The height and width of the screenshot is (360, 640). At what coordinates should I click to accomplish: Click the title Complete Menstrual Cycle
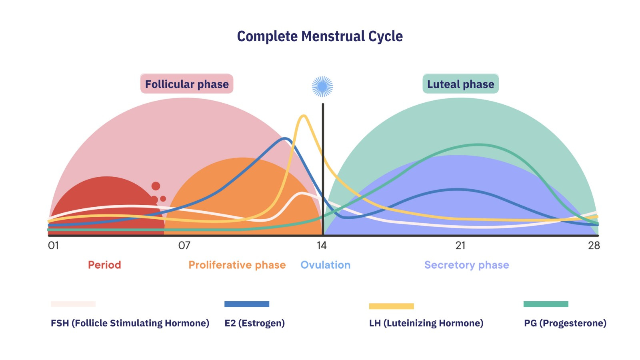click(320, 36)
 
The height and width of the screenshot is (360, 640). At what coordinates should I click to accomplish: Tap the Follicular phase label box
click(187, 84)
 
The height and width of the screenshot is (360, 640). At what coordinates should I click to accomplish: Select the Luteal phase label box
click(460, 84)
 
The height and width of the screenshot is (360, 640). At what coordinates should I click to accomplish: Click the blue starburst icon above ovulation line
click(322, 86)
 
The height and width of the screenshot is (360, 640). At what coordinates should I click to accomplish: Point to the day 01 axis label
click(53, 246)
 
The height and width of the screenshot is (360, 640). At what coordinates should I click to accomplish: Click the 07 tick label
click(184, 246)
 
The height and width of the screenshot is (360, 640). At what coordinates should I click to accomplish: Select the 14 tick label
click(322, 246)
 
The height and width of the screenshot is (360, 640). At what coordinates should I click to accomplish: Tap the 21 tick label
click(460, 246)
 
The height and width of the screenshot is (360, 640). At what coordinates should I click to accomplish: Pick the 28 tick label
click(594, 246)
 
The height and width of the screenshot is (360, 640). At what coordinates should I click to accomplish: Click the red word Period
click(104, 265)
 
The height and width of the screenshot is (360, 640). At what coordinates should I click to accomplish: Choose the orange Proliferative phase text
click(237, 265)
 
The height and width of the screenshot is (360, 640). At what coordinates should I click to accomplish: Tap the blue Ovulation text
click(325, 265)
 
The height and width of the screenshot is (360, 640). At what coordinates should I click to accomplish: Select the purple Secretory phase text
click(466, 265)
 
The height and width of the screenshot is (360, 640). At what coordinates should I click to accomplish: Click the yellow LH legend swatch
click(391, 306)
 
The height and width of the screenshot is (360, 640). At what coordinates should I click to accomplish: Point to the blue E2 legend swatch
click(247, 304)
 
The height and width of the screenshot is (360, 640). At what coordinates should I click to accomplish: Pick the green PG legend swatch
click(546, 304)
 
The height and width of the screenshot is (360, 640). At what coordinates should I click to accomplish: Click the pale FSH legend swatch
click(73, 304)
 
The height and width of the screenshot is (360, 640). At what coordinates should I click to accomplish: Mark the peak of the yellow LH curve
click(304, 116)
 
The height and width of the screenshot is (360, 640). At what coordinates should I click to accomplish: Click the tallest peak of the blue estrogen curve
click(285, 139)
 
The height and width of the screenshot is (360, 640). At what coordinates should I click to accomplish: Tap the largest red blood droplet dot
click(156, 186)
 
